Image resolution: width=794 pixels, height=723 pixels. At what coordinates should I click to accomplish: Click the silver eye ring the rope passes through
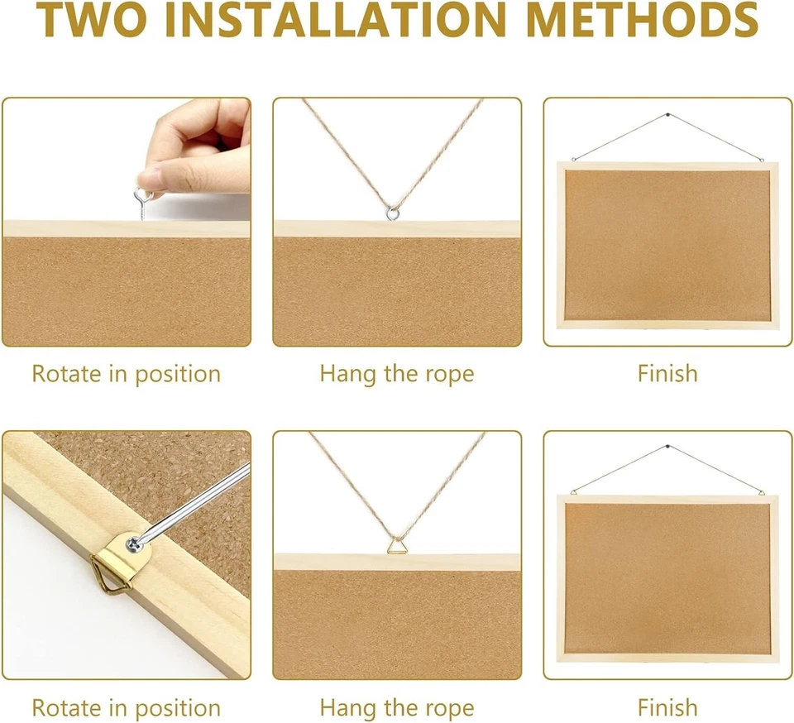click(x=393, y=213)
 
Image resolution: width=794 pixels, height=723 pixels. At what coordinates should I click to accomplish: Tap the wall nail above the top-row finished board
click(x=667, y=116)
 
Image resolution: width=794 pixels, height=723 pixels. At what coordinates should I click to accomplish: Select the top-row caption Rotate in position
click(x=126, y=373)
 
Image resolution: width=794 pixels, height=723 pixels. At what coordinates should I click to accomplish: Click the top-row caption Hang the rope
click(x=397, y=373)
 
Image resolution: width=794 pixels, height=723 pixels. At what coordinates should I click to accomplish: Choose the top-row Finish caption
click(x=667, y=373)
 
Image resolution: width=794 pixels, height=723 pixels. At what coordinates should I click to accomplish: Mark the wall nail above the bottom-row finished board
click(x=667, y=448)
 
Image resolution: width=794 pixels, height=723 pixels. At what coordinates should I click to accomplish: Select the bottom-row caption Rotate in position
click(x=126, y=708)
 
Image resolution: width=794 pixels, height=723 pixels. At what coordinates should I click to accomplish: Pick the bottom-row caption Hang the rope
click(x=397, y=708)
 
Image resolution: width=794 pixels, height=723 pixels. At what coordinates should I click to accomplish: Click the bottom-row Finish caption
click(x=667, y=708)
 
